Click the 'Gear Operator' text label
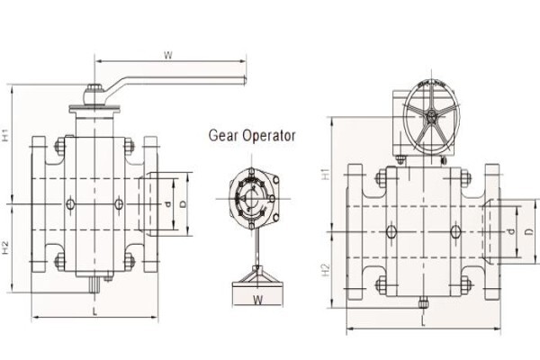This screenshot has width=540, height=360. point(252,135)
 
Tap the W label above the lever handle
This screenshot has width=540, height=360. point(168,55)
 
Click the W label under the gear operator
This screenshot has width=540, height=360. point(258,300)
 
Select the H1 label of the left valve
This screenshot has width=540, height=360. point(6,135)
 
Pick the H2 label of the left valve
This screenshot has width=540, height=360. point(6,247)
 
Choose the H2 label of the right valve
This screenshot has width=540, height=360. point(326,270)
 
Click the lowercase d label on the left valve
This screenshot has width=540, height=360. point(168,204)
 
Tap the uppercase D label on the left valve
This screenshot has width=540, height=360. point(183,204)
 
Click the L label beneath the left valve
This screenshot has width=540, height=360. point(95,311)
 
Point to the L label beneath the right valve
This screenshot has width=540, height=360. point(423,322)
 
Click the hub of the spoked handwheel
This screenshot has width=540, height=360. point(431,116)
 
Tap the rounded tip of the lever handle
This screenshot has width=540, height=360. point(245,80)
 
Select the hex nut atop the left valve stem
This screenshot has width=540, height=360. point(94,88)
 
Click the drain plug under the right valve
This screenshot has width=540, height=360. point(423,303)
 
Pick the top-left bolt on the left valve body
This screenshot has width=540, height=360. point(60,146)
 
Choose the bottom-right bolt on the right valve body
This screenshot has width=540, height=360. point(465,285)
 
